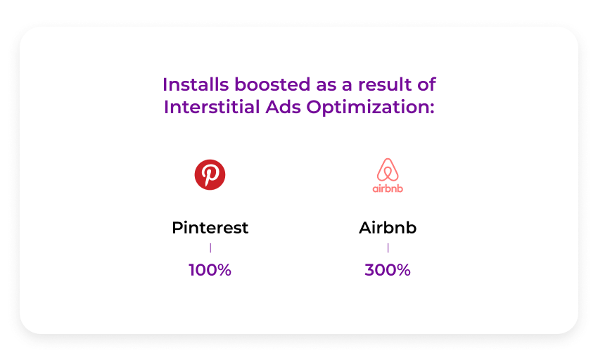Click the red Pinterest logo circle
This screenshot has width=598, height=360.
click(x=210, y=174)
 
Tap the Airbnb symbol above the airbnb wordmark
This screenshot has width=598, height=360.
click(x=388, y=169)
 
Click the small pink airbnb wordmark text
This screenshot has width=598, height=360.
click(x=388, y=188)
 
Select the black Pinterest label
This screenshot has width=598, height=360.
click(x=210, y=228)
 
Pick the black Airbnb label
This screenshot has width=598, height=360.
click(x=388, y=228)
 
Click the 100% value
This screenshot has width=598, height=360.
click(x=210, y=270)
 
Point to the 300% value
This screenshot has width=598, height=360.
click(x=388, y=270)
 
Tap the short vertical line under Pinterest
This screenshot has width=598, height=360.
click(x=210, y=248)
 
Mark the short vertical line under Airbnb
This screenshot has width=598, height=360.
click(x=388, y=248)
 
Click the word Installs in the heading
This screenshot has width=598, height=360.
click(x=196, y=84)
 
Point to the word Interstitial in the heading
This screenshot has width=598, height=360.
click(x=212, y=107)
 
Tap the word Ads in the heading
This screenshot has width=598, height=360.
click(x=284, y=107)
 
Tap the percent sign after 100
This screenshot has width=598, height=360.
click(x=224, y=270)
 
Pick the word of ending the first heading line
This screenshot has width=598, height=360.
click(x=426, y=84)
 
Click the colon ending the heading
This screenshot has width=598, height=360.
click(x=432, y=109)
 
